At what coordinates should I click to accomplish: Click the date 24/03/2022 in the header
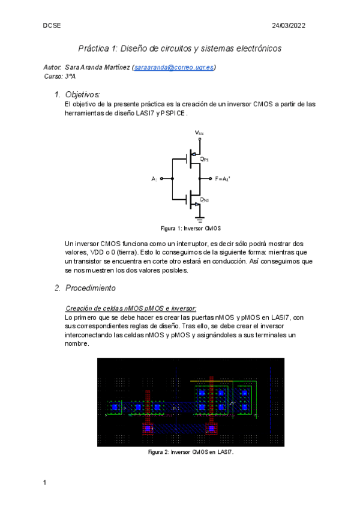(x=289, y=26)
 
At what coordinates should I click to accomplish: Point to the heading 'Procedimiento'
(x=94, y=288)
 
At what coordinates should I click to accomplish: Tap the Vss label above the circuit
(x=199, y=132)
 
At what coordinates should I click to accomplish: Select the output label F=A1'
(x=223, y=179)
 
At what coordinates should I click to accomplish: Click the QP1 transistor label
(x=204, y=159)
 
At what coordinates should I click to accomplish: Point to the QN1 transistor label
(x=204, y=199)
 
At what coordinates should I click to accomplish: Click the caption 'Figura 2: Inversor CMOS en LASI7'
(x=190, y=452)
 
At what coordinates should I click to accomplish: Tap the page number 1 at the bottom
(x=45, y=482)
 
